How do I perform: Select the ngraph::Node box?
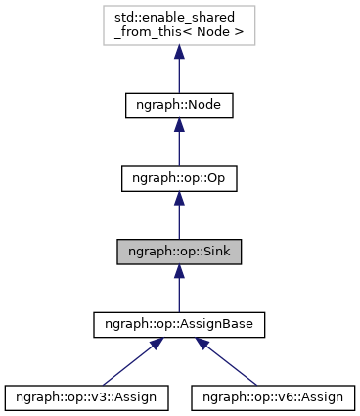(180, 104)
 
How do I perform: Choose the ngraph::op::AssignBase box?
(180, 323)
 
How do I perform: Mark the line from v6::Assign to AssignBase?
(235, 367)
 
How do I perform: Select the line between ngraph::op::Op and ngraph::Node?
(180, 150)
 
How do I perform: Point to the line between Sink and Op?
(180, 223)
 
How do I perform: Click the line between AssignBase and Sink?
(180, 297)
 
